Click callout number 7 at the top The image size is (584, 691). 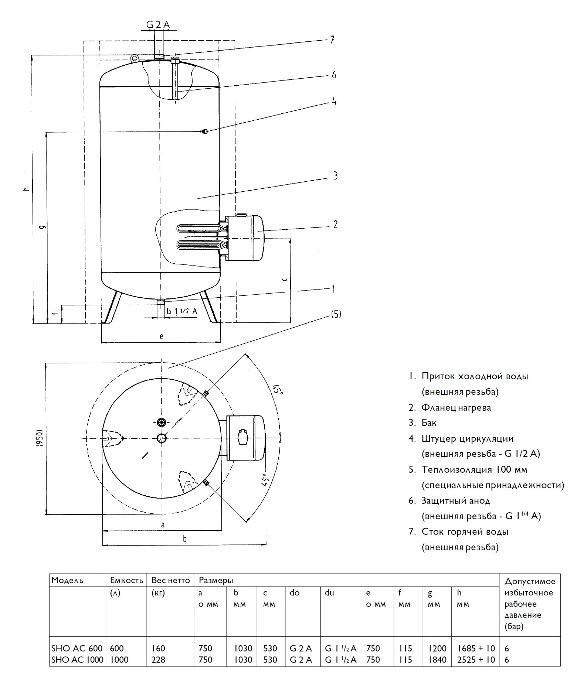[332, 40]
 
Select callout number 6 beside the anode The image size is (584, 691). [334, 75]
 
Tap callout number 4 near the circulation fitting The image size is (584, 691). [334, 101]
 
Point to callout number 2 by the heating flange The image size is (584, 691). [335, 224]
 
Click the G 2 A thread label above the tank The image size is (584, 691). [158, 25]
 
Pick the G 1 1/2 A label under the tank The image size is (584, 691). [181, 311]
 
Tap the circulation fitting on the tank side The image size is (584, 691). [204, 131]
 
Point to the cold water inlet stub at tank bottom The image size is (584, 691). [160, 302]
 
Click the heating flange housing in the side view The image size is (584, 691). [244, 238]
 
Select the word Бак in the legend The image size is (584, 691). [429, 423]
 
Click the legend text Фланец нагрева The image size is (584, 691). [456, 407]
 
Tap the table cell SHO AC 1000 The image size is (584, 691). [77, 660]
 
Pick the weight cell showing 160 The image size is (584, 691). [158, 648]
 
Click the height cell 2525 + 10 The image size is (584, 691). [476, 660]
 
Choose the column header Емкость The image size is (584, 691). [126, 580]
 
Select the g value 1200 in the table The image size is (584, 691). [437, 648]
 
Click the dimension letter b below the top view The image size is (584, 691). [184, 538]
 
